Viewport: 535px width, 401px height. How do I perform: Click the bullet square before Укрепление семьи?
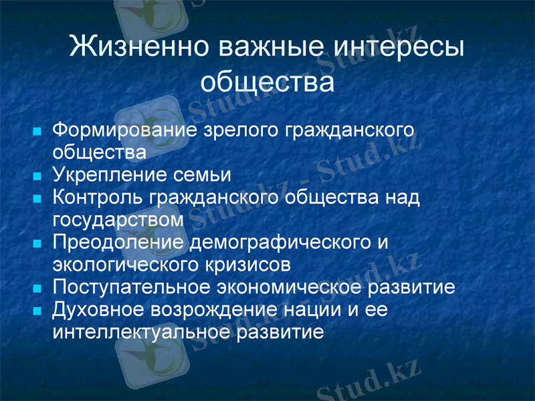(37, 176)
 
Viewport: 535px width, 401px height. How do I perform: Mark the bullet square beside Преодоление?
(37, 243)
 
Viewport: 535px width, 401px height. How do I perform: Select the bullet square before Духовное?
(37, 311)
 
